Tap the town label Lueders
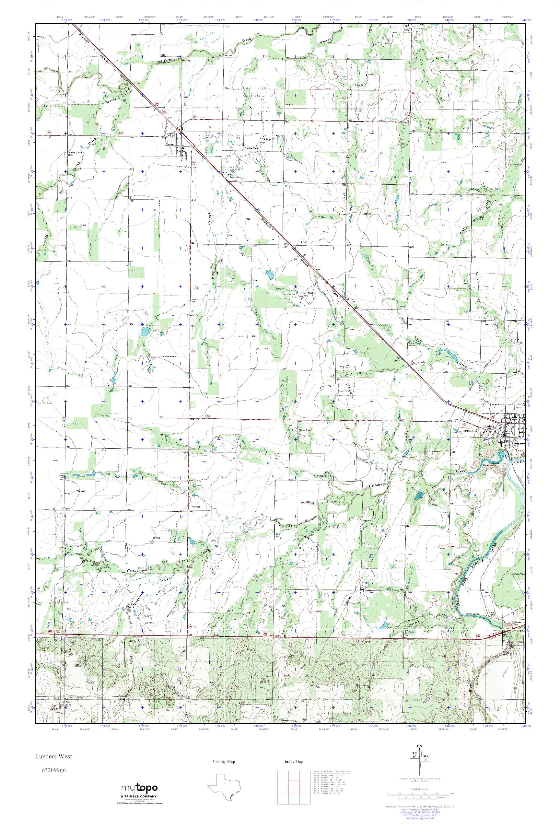pyautogui.click(x=488, y=426)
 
